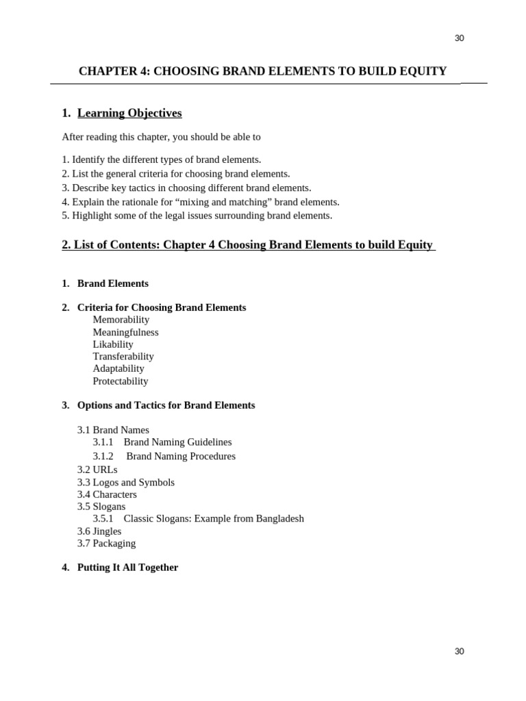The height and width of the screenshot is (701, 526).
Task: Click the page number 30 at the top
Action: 459,38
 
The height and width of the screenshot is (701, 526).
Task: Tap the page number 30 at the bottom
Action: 459,651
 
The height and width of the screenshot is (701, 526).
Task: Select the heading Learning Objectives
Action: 129,113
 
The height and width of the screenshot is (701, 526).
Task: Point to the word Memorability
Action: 121,320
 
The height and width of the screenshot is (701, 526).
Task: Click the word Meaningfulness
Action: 125,332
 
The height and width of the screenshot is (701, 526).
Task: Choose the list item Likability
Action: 113,344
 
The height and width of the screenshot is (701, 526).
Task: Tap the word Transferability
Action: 123,357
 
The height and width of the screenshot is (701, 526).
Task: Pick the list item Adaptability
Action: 118,369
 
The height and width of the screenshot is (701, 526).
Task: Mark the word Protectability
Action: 121,381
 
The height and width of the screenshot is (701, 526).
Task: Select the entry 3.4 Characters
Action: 107,494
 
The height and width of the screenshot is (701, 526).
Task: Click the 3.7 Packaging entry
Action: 106,544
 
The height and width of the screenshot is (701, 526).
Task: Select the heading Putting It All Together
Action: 127,568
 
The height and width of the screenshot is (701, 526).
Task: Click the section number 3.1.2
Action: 103,457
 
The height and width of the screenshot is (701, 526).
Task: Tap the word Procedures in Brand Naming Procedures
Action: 210,457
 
